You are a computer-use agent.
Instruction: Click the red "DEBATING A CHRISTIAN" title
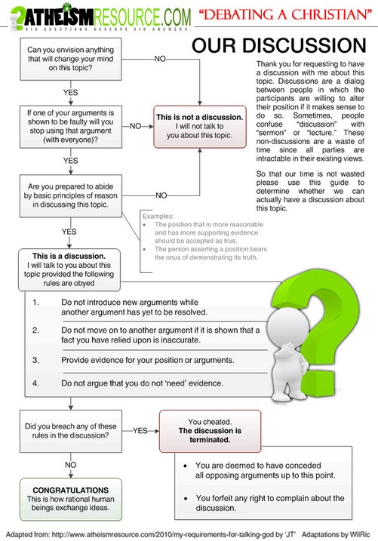(x=287, y=14)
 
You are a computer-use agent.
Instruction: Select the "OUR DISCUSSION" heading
(x=278, y=46)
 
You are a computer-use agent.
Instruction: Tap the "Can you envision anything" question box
(x=69, y=59)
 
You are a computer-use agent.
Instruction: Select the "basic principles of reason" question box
(x=69, y=193)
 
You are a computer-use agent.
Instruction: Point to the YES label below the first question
(x=70, y=92)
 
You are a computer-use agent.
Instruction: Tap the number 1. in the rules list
(x=36, y=303)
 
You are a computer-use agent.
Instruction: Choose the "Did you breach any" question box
(x=69, y=429)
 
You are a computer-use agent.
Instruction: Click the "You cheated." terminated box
(x=209, y=428)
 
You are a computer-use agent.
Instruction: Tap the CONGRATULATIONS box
(x=69, y=493)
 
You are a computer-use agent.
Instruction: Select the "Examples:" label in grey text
(x=157, y=216)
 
